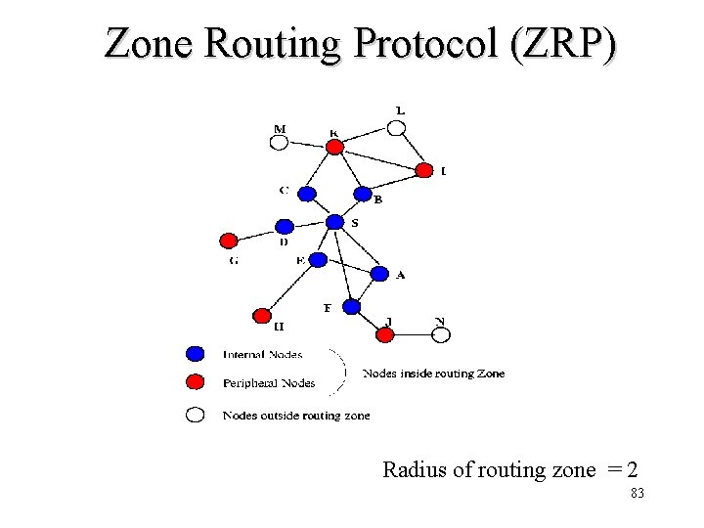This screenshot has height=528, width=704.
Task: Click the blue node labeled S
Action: pos(335,222)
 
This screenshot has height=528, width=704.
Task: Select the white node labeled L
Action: pos(395,128)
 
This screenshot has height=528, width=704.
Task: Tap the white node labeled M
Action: pos(279,143)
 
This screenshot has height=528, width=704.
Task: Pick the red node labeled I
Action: pos(423,170)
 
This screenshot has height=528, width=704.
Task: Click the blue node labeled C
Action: pos(306,194)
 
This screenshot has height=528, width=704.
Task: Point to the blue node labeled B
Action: pos(363,194)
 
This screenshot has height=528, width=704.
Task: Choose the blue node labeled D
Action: pos(284,227)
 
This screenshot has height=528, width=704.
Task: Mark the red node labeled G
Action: pos(228,241)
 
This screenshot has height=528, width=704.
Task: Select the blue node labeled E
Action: pos(318,260)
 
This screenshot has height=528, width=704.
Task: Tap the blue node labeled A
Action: pos(379,274)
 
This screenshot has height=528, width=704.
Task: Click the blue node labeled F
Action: pos(351,306)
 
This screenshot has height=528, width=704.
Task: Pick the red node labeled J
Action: pos(385,334)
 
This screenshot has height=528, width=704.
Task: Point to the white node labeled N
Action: pos(441,334)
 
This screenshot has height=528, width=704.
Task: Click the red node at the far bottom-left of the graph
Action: pos(261,315)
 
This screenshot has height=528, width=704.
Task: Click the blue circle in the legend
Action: pos(196,353)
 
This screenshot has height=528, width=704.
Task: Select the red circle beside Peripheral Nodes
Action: pos(196,381)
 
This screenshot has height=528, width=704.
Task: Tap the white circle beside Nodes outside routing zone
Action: pos(196,415)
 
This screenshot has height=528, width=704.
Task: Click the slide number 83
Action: pos(638,495)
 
